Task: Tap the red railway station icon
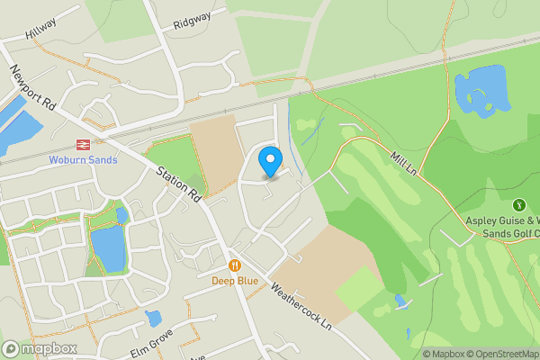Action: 81,143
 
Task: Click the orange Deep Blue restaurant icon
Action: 234,265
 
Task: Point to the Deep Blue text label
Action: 234,280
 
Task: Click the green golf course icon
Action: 519,206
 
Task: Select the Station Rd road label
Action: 178,184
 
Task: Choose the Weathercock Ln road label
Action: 301,307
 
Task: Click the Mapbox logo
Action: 40,348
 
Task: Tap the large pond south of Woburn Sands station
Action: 108,248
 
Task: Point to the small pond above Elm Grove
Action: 153,318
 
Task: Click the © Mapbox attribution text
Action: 443,354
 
